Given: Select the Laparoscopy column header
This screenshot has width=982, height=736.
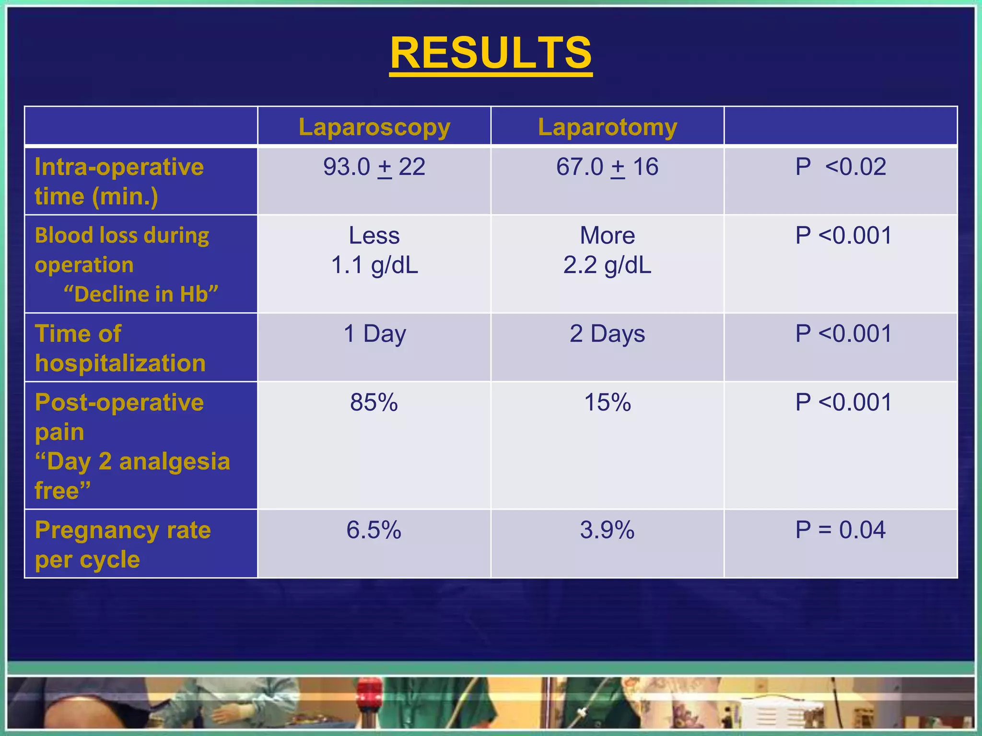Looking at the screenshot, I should pyautogui.click(x=374, y=127).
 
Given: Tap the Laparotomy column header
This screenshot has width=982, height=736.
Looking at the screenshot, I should pyautogui.click(x=607, y=127).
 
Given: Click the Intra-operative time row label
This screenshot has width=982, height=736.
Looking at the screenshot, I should pyautogui.click(x=119, y=181).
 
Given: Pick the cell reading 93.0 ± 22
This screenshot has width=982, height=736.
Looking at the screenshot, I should pyautogui.click(x=374, y=167).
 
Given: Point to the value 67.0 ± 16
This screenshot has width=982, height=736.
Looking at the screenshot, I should pyautogui.click(x=607, y=167).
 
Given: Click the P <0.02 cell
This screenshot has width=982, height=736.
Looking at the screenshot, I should pyautogui.click(x=841, y=167).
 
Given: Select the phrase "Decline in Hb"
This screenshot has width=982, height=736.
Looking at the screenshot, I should pyautogui.click(x=141, y=294).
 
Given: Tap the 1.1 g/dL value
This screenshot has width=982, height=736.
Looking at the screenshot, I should pyautogui.click(x=374, y=265).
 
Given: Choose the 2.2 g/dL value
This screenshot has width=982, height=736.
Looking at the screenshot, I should pyautogui.click(x=607, y=265).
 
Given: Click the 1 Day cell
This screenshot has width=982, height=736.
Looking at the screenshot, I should pyautogui.click(x=374, y=333).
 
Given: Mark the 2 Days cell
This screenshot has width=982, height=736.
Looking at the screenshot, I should pyautogui.click(x=607, y=333).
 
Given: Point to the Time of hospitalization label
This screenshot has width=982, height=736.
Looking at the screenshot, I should pyautogui.click(x=120, y=348).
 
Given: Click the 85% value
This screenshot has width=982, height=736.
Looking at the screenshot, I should pyautogui.click(x=374, y=402).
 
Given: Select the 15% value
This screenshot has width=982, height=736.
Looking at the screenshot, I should pyautogui.click(x=607, y=402).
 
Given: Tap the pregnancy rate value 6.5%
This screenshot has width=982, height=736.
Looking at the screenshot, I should pyautogui.click(x=374, y=530).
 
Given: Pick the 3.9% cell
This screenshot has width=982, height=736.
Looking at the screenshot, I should pyautogui.click(x=607, y=530).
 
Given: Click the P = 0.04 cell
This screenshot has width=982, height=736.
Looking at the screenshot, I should pyautogui.click(x=841, y=530).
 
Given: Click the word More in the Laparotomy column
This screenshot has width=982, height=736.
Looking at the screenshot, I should pyautogui.click(x=607, y=235).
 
